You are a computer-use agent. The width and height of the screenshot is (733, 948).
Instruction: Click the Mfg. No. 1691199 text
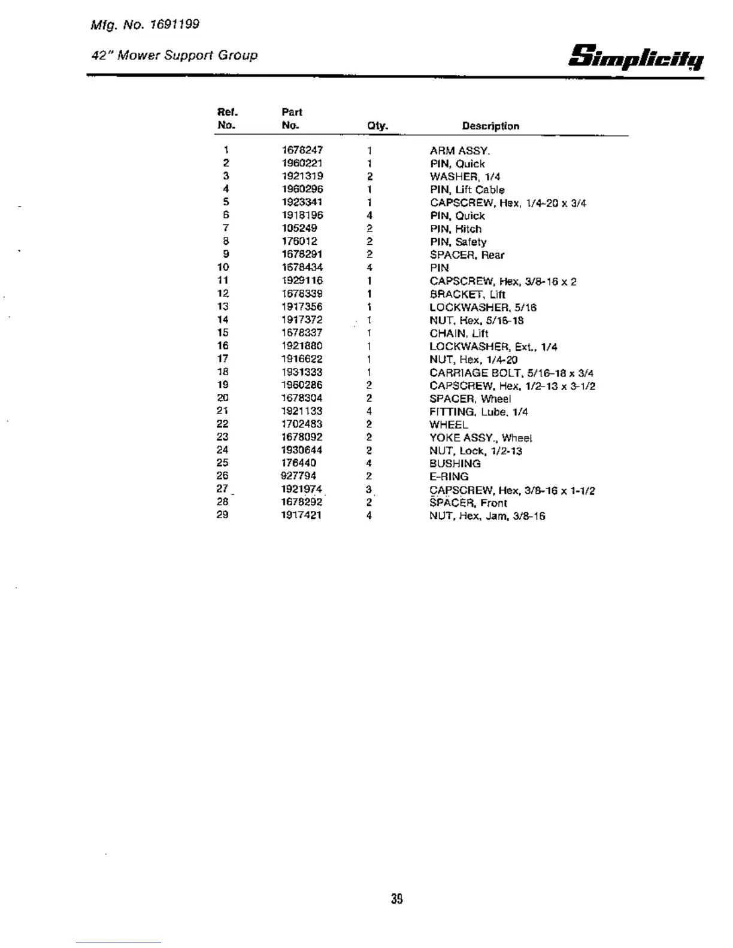[145, 25]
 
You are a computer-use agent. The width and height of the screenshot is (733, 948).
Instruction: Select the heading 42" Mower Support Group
[174, 56]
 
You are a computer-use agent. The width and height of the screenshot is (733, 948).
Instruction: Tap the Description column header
[490, 126]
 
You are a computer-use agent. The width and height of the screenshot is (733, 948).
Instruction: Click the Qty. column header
[377, 126]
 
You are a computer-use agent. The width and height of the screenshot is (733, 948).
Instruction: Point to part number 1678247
[302, 150]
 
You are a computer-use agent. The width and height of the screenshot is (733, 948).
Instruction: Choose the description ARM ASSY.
[459, 151]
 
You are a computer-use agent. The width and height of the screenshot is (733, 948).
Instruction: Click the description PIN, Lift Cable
[467, 190]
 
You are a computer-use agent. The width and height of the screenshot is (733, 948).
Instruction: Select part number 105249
[299, 229]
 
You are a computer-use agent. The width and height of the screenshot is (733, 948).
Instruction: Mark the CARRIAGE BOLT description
[511, 373]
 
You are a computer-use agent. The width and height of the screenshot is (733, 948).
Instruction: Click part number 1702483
[302, 424]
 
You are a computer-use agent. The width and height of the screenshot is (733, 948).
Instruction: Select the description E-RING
[449, 477]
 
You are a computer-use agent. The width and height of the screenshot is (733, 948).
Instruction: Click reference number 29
[222, 515]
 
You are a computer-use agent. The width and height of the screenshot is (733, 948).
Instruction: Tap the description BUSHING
[455, 464]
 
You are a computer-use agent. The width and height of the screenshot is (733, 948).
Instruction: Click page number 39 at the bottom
[396, 899]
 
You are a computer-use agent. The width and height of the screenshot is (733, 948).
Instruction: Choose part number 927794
[299, 476]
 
